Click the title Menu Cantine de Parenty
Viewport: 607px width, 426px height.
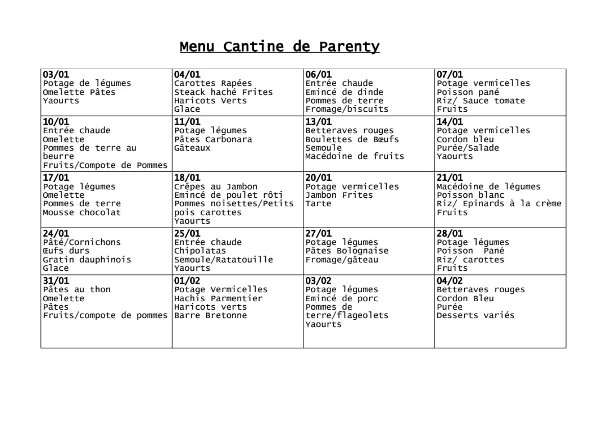pyautogui.click(x=279, y=47)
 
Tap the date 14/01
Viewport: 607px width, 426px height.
pyautogui.click(x=450, y=122)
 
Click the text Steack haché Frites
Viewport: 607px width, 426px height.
pyautogui.click(x=223, y=92)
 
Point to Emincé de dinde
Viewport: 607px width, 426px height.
pyautogui.click(x=344, y=92)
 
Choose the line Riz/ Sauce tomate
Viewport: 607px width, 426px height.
pyautogui.click(x=481, y=101)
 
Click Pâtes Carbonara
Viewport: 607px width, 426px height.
pyautogui.click(x=213, y=139)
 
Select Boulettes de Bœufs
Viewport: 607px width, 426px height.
pyautogui.click(x=352, y=139)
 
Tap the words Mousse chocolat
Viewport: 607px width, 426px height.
pyautogui.click(x=81, y=212)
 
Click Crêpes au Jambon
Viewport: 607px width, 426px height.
pyautogui.click(x=215, y=187)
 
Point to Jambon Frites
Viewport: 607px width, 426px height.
pyautogui.click(x=339, y=195)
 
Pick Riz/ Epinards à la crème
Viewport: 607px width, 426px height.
pyautogui.click(x=499, y=203)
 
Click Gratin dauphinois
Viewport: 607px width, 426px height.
pyautogui.click(x=87, y=260)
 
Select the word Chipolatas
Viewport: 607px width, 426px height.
pyautogui.click(x=200, y=251)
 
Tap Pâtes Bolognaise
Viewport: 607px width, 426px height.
pyautogui.click(x=347, y=251)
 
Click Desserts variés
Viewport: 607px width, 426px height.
pyautogui.click(x=475, y=315)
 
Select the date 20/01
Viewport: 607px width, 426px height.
pyautogui.click(x=318, y=178)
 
